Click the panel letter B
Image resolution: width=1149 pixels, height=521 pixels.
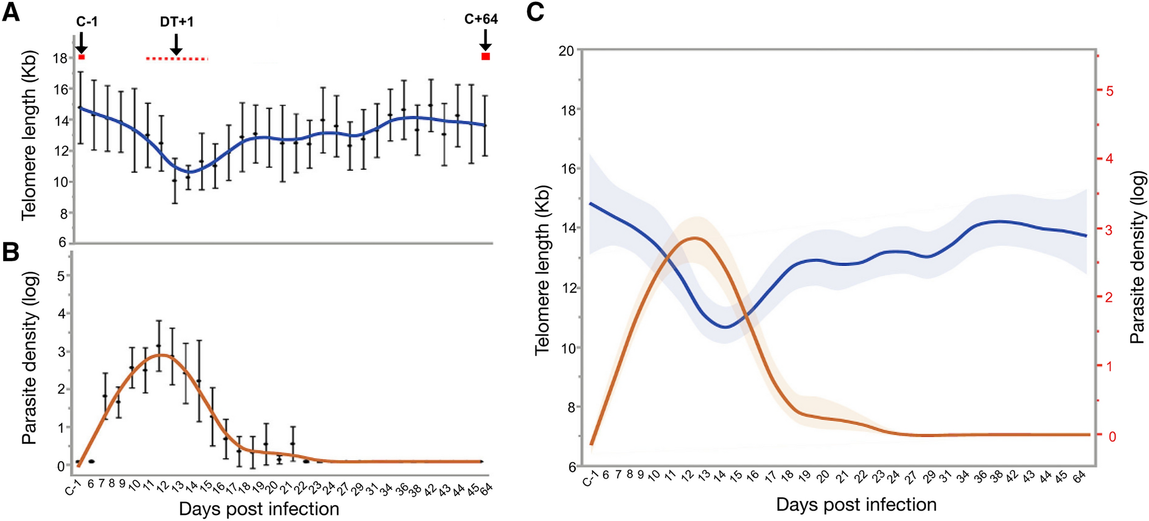coord(10,251)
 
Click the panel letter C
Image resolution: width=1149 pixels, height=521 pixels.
coord(535,12)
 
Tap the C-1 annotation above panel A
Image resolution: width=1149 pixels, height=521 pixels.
coord(86,21)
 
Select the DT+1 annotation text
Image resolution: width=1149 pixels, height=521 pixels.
coord(176,21)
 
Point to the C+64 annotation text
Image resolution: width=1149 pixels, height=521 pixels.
coord(481,19)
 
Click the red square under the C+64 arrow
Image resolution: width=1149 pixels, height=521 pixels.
coord(486,57)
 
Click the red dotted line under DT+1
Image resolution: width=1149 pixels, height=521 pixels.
coord(176,59)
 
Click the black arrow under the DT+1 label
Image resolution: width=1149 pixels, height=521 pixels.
coord(176,44)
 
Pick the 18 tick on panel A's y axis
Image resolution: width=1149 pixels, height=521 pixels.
coord(60,58)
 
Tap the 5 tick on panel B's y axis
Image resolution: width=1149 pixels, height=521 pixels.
coord(60,276)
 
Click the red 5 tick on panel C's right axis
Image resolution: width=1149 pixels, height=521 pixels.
coord(1109,91)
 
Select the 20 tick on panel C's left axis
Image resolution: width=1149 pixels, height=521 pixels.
coord(566,51)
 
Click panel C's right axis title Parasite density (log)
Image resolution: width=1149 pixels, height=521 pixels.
coord(1137,257)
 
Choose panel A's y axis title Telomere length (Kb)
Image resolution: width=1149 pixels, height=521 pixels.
coord(29,135)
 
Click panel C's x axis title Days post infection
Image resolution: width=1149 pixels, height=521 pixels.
coord(856,505)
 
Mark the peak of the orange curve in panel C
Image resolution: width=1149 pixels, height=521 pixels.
coord(696,239)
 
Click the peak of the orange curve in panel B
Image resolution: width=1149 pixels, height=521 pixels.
coord(160,355)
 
